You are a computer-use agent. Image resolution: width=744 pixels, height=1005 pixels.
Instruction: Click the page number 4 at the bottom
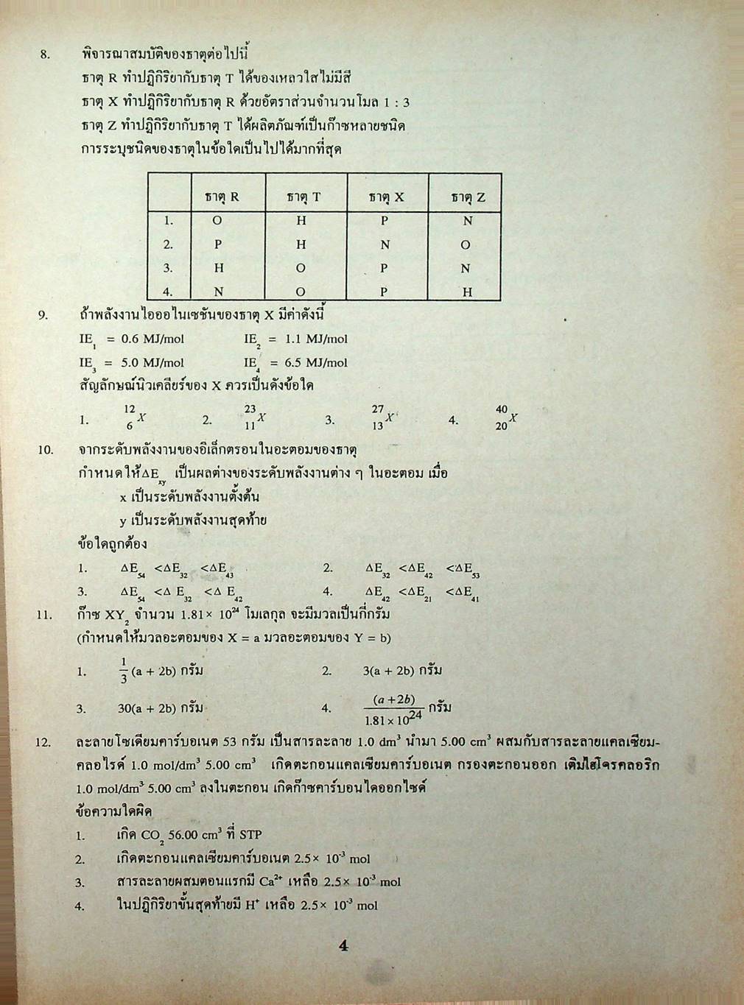tap(343, 946)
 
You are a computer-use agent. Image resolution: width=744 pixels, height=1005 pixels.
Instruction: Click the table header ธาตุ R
tap(222, 197)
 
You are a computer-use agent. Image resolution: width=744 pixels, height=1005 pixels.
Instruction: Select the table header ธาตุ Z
tap(468, 197)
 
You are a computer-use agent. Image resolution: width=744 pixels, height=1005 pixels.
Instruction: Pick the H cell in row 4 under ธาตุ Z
tap(466, 292)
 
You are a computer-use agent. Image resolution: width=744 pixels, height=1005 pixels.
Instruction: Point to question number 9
tap(43, 315)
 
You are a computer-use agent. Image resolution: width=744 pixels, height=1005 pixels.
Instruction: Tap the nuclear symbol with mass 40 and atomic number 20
tap(507, 417)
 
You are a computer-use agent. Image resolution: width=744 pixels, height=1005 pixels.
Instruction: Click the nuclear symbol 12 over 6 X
tap(135, 417)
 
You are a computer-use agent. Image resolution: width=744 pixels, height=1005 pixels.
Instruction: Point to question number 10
tap(46, 449)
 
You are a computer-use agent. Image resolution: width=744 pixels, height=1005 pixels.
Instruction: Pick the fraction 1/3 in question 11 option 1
tap(124, 671)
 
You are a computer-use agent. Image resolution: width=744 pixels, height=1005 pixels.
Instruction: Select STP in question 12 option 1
tap(250, 835)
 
